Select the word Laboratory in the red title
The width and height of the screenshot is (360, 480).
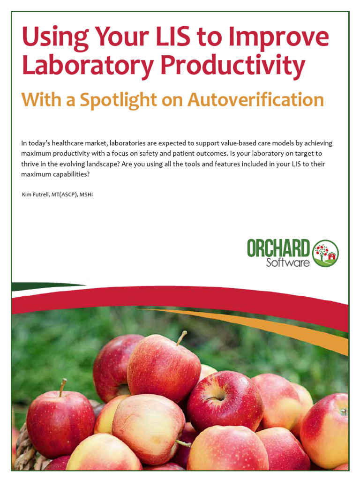[x=87, y=66]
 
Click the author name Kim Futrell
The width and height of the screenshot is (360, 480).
[x=38, y=194]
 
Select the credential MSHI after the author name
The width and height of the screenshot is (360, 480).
[x=86, y=194]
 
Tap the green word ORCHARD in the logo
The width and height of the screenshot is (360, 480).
[x=278, y=248]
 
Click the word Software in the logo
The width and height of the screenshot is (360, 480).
[x=288, y=262]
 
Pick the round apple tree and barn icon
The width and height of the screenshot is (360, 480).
[x=325, y=254]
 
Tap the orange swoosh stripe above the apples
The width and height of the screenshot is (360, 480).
[x=262, y=326]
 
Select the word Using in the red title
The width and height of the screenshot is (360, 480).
[x=52, y=37]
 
